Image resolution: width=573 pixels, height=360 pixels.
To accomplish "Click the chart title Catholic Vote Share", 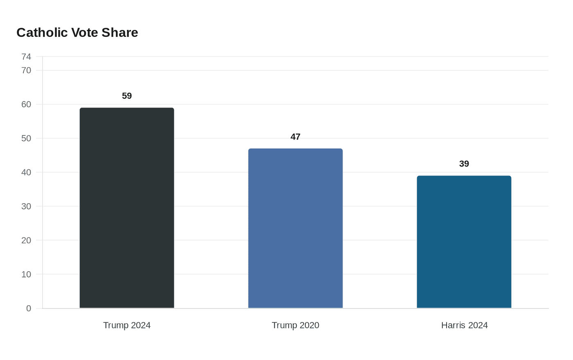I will pyautogui.click(x=77, y=33).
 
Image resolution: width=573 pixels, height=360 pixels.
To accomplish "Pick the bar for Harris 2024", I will pyautogui.click(x=464, y=242).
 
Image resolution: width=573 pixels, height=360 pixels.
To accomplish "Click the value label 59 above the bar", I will pyautogui.click(x=127, y=96).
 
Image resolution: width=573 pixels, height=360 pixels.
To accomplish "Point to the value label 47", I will pyautogui.click(x=296, y=137).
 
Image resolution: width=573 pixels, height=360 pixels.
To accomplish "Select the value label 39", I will pyautogui.click(x=464, y=164).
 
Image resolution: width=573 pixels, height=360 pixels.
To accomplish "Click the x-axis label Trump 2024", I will pyautogui.click(x=127, y=325).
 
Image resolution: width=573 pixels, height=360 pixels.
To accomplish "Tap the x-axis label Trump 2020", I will pyautogui.click(x=296, y=325).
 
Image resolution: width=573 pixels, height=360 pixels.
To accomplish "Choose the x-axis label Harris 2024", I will pyautogui.click(x=465, y=325).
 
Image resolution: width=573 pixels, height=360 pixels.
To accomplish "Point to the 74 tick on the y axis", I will pyautogui.click(x=26, y=56).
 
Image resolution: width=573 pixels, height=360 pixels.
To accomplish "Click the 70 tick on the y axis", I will pyautogui.click(x=26, y=70).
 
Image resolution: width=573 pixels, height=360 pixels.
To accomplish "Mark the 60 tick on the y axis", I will pyautogui.click(x=26, y=104).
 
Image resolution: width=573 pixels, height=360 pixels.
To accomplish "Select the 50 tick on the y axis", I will pyautogui.click(x=26, y=138).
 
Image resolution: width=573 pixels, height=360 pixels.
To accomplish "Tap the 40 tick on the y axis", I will pyautogui.click(x=26, y=172).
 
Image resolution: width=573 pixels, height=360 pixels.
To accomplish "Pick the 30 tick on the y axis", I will pyautogui.click(x=26, y=206).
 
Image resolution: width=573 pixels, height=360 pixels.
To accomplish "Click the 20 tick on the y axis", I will pyautogui.click(x=26, y=240).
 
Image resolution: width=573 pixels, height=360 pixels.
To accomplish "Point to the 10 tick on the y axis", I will pyautogui.click(x=26, y=274).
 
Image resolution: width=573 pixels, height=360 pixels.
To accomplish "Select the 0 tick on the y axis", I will pyautogui.click(x=29, y=308).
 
